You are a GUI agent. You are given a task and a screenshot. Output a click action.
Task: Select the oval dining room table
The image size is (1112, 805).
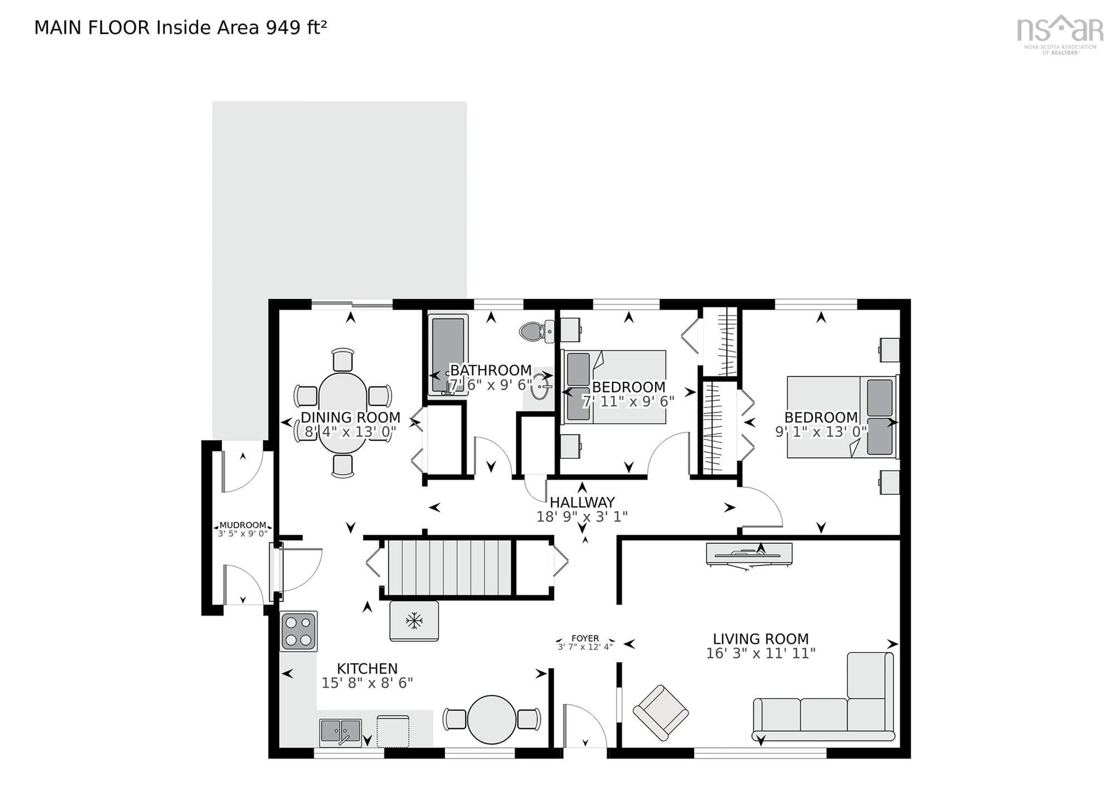point(342,413)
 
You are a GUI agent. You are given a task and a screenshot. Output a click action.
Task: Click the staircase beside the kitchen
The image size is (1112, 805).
point(450,568)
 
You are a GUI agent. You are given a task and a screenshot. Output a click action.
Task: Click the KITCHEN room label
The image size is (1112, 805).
point(367,669)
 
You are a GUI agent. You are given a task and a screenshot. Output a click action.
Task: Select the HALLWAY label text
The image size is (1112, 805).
point(582,502)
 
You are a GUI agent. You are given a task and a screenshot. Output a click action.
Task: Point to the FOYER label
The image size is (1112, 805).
point(585,638)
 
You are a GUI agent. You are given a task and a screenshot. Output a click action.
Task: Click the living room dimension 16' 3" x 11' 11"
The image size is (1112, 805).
point(760,653)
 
